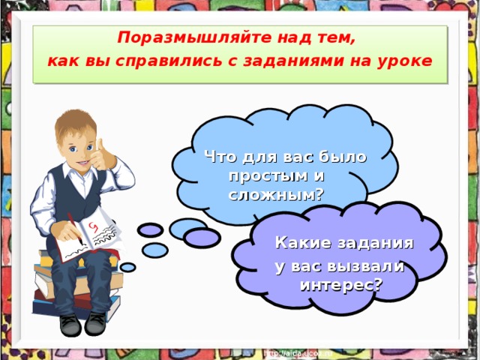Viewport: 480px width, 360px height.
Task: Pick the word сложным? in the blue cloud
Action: click(x=275, y=194)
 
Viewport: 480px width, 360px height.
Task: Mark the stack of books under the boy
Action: click(x=75, y=292)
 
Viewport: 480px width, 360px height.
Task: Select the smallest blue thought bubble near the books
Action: click(x=128, y=267)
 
